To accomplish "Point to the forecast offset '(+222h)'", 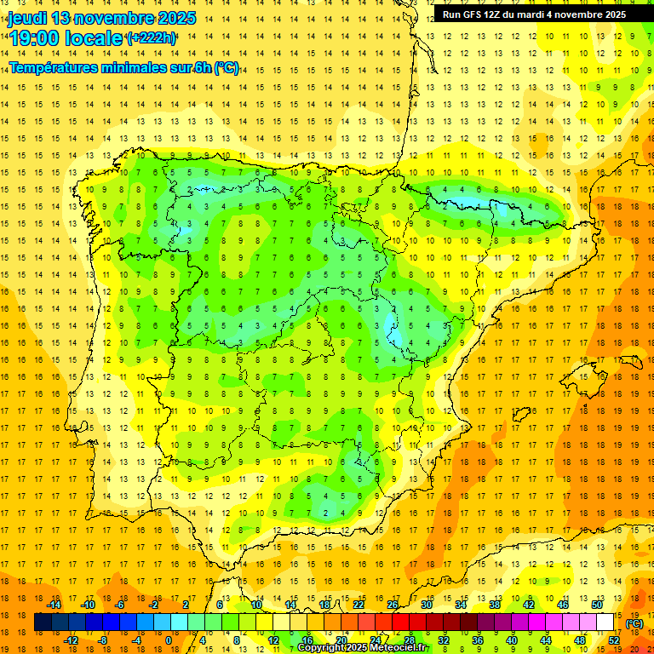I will pos(152,37).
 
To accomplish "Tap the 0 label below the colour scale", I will pos(169,640).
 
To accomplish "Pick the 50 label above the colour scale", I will pos(597,605).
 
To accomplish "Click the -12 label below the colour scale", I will pos(71,640).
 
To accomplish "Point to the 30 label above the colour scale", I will pos(426,605).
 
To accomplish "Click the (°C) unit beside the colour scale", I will pos(634,623).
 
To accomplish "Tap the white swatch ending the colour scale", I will pos(605,622).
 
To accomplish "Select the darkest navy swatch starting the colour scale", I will pos(43,622).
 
